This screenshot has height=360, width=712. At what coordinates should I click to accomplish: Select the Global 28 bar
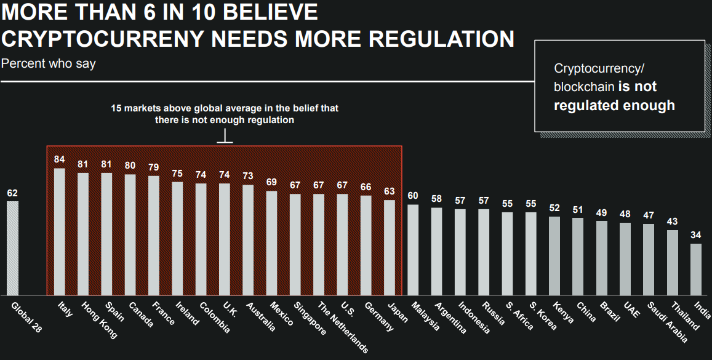pyautogui.click(x=12, y=248)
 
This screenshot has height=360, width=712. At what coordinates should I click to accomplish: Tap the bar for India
pyautogui.click(x=696, y=270)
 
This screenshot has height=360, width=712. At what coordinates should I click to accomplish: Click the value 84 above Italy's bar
pyautogui.click(x=60, y=159)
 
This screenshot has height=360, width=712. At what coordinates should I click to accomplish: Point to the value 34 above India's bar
pyautogui.click(x=696, y=234)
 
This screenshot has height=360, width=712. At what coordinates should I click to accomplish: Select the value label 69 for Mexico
pyautogui.click(x=272, y=182)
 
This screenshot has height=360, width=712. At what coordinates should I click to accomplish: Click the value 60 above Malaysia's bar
pyautogui.click(x=413, y=196)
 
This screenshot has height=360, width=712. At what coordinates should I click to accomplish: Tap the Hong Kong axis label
pyautogui.click(x=98, y=321)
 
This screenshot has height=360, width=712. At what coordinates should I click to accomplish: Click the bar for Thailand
pyautogui.click(x=673, y=263)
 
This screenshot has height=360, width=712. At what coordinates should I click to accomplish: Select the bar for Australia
pyautogui.click(x=248, y=240)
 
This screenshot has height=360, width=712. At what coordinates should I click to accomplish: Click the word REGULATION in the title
pyautogui.click(x=438, y=39)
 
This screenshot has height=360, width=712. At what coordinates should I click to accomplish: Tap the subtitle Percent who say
pyautogui.click(x=49, y=63)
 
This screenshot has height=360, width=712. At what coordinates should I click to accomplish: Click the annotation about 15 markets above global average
pyautogui.click(x=225, y=114)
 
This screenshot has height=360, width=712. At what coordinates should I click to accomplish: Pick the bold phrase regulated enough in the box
pyautogui.click(x=614, y=105)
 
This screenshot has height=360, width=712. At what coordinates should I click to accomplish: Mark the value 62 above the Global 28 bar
pyautogui.click(x=12, y=193)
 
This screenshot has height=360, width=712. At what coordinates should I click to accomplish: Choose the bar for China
pyautogui.click(x=578, y=257)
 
